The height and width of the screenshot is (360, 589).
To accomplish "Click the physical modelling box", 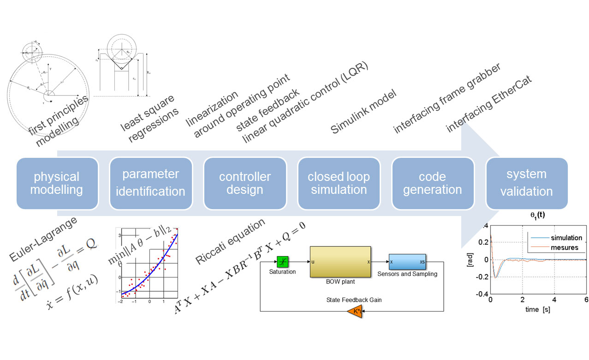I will point(57,183).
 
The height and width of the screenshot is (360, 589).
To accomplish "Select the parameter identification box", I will point(151,183).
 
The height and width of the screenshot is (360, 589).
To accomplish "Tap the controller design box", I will point(245,183).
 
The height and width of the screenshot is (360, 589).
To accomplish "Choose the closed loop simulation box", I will point(339,183).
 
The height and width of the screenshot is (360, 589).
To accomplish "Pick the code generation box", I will point(433,183).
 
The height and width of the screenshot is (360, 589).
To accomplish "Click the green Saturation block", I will point(282,261).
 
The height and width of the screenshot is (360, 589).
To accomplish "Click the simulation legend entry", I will point(566,238).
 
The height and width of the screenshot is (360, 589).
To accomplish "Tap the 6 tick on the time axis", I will point(586,299).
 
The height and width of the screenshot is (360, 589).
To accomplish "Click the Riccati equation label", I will point(230,241).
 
